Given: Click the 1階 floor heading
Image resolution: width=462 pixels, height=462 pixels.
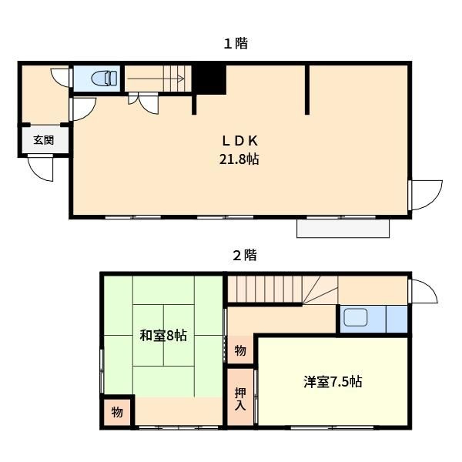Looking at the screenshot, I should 236,44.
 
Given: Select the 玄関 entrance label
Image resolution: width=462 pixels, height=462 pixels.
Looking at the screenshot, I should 43,140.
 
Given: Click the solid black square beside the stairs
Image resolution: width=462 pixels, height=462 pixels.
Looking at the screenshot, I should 209,78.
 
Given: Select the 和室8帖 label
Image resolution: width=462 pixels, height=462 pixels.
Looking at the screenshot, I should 162,336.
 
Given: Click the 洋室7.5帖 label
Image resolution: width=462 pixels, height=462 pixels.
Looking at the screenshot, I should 333,381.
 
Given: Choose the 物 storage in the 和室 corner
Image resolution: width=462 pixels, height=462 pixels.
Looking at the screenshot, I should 116,412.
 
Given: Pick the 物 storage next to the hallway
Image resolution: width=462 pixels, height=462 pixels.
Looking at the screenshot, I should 239,350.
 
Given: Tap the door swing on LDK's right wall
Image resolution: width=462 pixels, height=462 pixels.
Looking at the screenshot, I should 426,195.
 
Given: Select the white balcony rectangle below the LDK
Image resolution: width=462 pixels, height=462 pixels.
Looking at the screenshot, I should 343,229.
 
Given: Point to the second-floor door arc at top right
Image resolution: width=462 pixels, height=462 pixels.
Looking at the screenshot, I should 422,291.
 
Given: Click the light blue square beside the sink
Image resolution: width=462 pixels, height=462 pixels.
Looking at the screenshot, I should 397,318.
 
